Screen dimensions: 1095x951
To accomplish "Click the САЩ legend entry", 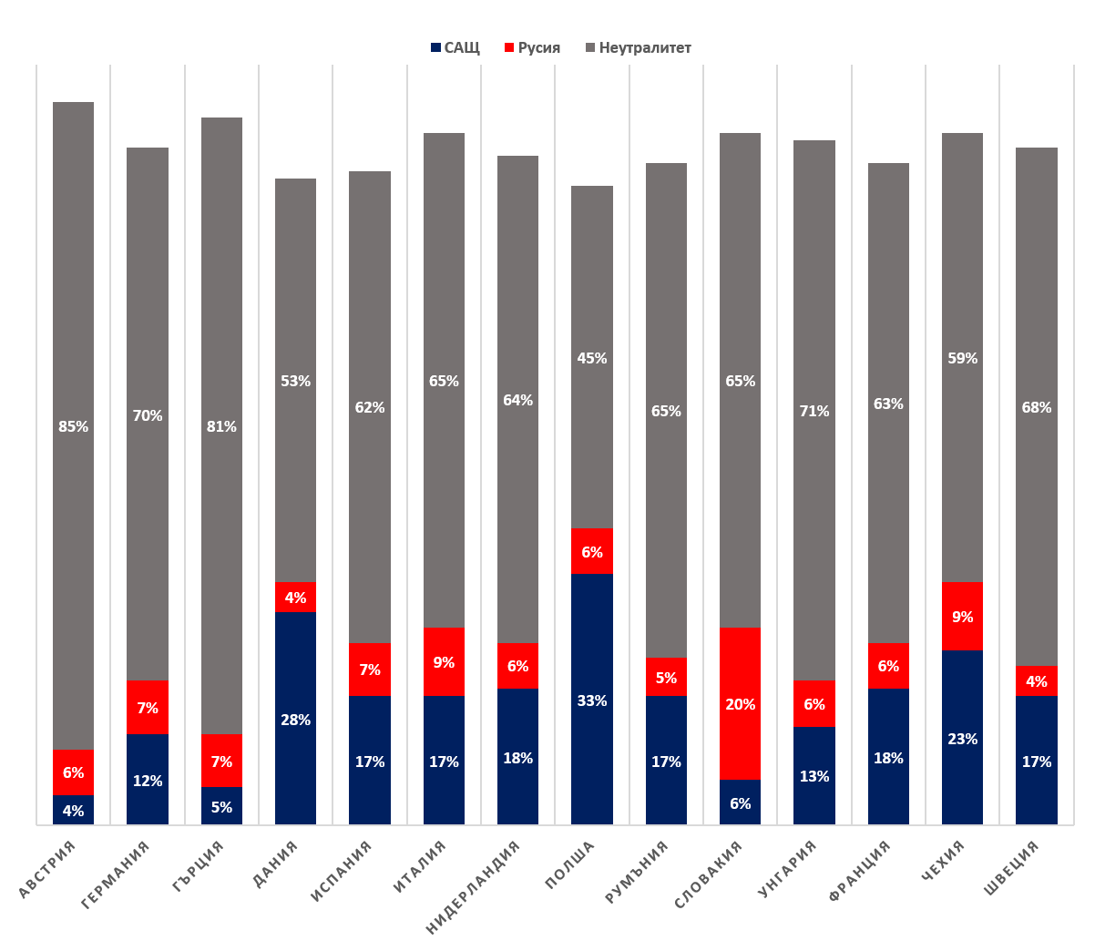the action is pos(455,47).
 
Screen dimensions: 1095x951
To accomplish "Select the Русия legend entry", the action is pos(532,47).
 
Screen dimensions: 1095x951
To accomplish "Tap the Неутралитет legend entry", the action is pos(639,47).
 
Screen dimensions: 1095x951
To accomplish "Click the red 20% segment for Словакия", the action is pos(740,703).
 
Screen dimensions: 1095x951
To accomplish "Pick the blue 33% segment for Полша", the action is pos(592,699).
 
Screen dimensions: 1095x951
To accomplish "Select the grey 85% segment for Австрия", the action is pos(73,425).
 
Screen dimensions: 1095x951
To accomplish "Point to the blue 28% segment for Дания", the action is pos(295,718).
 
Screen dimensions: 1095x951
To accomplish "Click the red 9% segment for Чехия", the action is pos(962,616).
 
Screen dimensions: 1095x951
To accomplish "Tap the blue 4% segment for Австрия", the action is pos(73,810).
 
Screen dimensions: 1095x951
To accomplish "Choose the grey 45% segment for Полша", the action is pos(592,357).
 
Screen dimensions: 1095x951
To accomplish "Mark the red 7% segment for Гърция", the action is pos(221,760).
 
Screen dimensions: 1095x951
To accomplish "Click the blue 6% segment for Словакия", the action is pos(740,802).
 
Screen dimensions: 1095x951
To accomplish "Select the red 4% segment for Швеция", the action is pos(1037,680).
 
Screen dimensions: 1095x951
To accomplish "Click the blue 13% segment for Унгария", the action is pos(814,775).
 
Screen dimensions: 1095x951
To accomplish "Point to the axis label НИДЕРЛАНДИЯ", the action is pos(473,886).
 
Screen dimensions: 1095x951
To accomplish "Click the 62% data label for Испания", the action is pos(370,407).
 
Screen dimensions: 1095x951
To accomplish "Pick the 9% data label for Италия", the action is pos(444,662).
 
